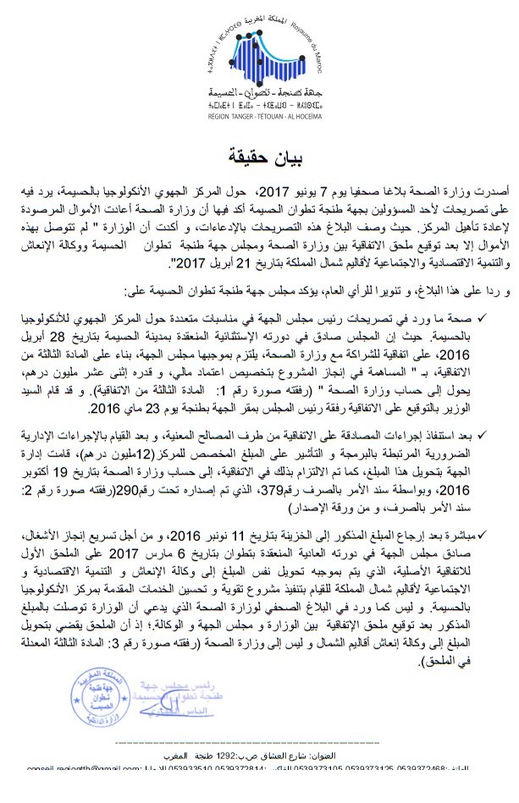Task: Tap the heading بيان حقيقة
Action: [260, 157]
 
